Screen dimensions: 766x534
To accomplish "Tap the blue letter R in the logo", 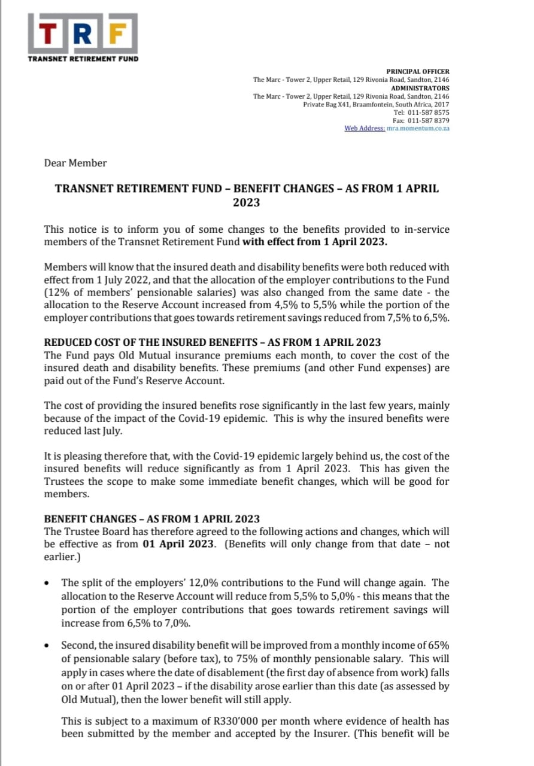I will point(86,35).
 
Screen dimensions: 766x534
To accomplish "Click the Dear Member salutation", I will point(75,163).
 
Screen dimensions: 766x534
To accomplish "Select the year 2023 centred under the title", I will point(247,202).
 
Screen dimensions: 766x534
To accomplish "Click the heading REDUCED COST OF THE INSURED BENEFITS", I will point(213,342).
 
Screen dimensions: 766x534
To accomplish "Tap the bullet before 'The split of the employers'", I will point(47,583).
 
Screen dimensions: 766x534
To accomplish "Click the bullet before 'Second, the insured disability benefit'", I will point(47,646).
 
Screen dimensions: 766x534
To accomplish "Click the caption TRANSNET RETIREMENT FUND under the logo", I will point(83,59).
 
